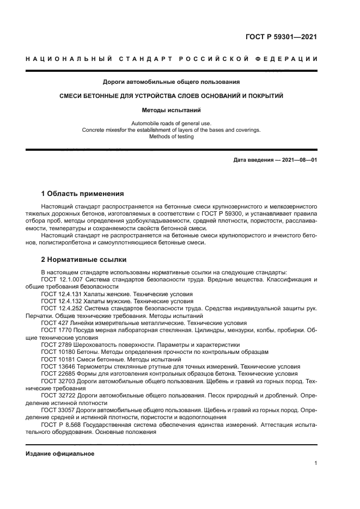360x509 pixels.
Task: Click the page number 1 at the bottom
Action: (x=315, y=463)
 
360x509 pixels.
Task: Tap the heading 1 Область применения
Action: (x=82, y=193)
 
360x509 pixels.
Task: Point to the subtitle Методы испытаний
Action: (x=171, y=109)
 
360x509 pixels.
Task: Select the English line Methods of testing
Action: (x=171, y=137)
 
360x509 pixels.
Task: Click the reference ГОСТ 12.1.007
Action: (x=61, y=279)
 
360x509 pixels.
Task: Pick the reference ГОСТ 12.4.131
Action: (x=61, y=293)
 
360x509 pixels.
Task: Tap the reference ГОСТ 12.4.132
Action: (x=61, y=301)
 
